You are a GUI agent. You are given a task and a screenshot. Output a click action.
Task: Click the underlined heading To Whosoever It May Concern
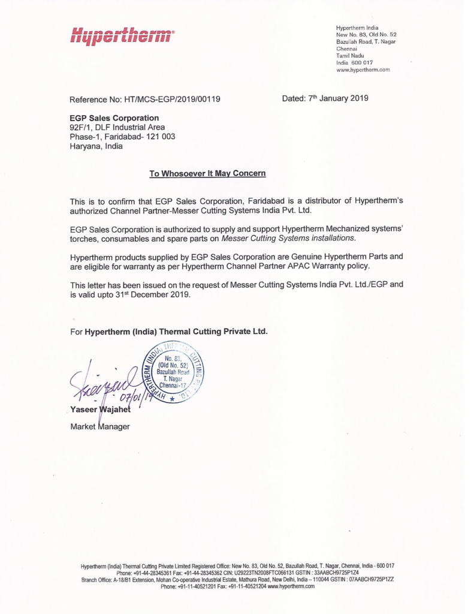pyautogui.click(x=207, y=173)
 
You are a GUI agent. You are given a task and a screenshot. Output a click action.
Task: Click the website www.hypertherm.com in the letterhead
pyautogui.click(x=363, y=70)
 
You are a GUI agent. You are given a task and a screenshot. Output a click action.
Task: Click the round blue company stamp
pyautogui.click(x=174, y=371)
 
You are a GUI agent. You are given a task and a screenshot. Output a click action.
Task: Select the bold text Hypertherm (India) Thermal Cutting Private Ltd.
pyautogui.click(x=176, y=331)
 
